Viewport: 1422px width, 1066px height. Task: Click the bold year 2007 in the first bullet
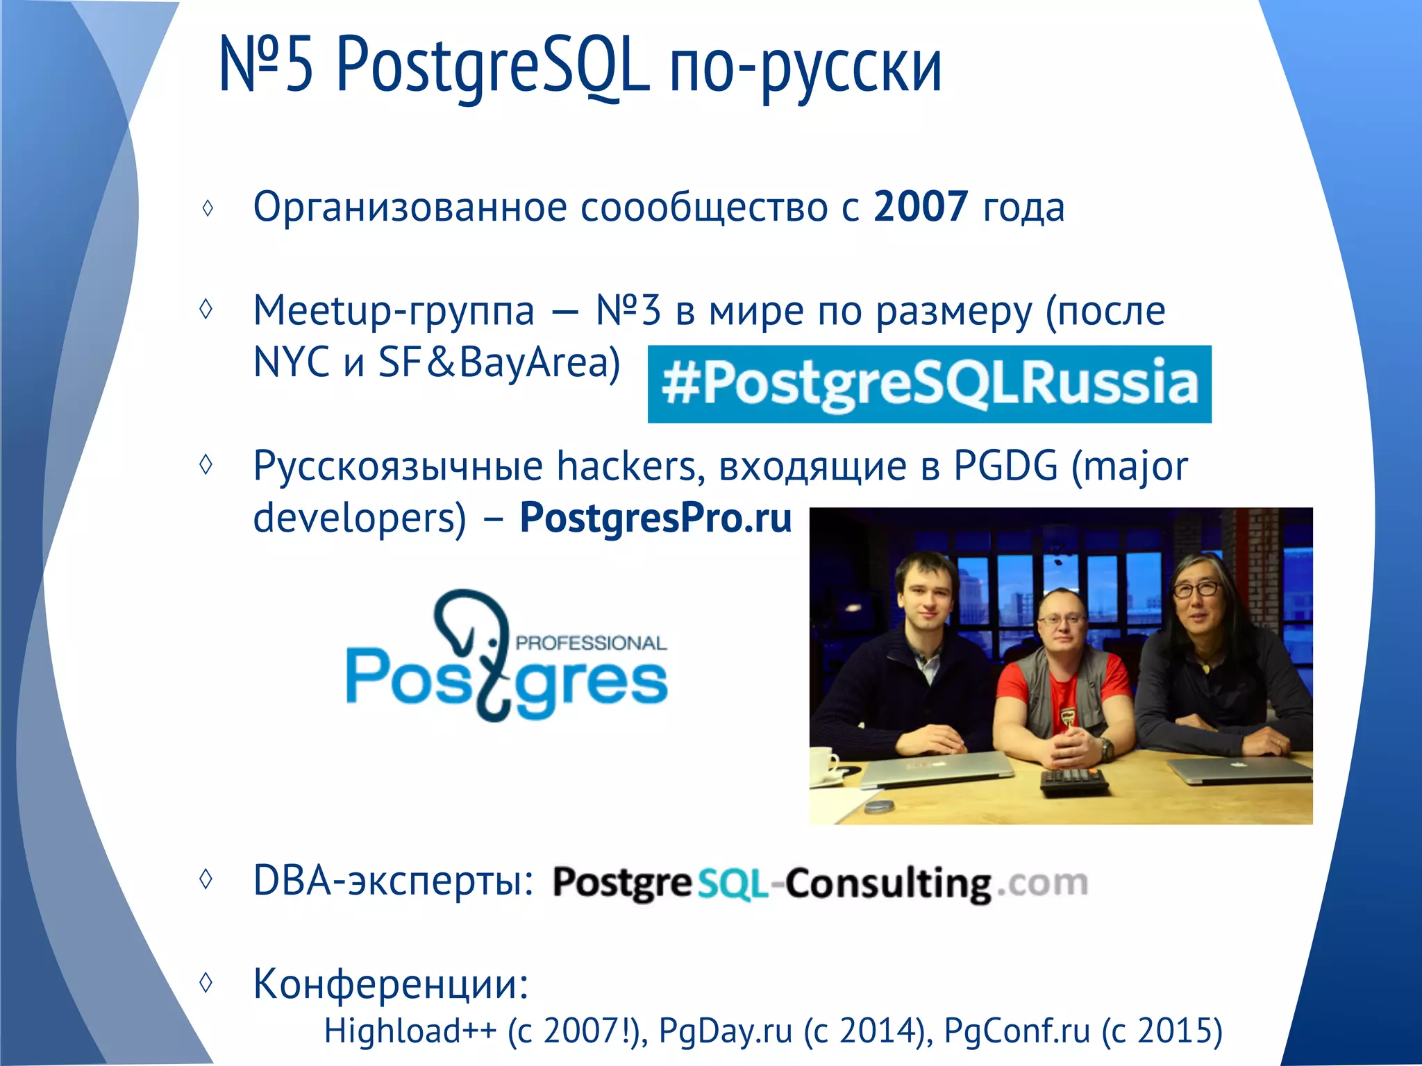(x=920, y=207)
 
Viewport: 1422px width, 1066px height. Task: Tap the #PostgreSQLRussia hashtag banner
(x=929, y=384)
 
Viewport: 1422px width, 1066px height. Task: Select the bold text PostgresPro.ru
(x=655, y=518)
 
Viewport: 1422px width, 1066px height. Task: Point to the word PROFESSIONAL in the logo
(x=591, y=643)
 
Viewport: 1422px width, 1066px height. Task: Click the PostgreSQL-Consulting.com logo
(x=819, y=883)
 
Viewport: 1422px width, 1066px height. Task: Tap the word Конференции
(x=390, y=983)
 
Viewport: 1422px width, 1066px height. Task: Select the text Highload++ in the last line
(x=410, y=1031)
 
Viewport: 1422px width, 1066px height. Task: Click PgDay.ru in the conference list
(x=725, y=1031)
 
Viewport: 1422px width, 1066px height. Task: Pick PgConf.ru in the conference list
(x=1017, y=1031)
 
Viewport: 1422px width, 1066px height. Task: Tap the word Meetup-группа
(x=394, y=310)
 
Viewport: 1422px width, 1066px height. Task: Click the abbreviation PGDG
(x=1005, y=466)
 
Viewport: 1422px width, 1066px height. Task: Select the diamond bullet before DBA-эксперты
(x=206, y=879)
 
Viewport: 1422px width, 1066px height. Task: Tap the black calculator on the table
(x=1073, y=781)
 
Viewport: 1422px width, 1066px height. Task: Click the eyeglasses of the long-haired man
(x=1196, y=589)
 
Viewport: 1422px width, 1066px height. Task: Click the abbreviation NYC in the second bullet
(x=291, y=362)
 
